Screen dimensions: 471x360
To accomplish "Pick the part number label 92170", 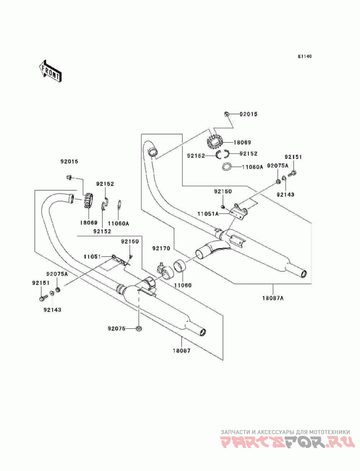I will coord(161,248).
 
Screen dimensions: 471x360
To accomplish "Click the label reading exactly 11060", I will coord(183,285).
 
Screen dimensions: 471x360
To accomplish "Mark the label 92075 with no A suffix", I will coord(116,328).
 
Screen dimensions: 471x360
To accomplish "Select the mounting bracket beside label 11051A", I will coord(238,213).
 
